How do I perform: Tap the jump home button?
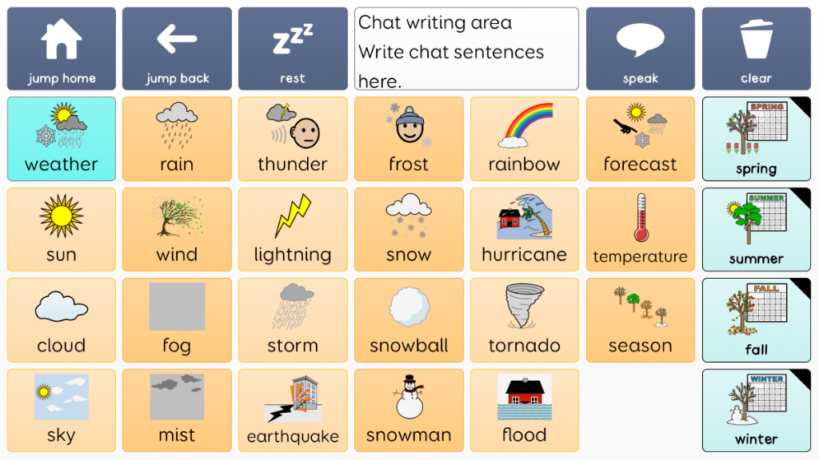pyautogui.click(x=62, y=49)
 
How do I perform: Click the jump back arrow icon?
pyautogui.click(x=177, y=38)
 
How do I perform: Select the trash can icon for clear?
pyautogui.click(x=757, y=38)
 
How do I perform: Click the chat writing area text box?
pyautogui.click(x=466, y=49)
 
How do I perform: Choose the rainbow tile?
pyautogui.click(x=525, y=139)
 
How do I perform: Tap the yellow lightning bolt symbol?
pyautogui.click(x=293, y=216)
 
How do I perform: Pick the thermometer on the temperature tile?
pyautogui.click(x=641, y=217)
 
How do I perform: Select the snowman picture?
pyautogui.click(x=409, y=397)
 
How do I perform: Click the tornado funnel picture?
pyautogui.click(x=524, y=306)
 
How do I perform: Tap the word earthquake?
pyautogui.click(x=293, y=436)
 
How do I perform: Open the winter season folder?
pyautogui.click(x=757, y=410)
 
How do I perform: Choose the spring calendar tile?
pyautogui.click(x=757, y=139)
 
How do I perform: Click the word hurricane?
pyautogui.click(x=525, y=255)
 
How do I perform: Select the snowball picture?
pyautogui.click(x=409, y=307)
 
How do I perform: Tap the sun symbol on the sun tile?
pyautogui.click(x=62, y=216)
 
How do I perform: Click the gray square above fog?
pyautogui.click(x=177, y=307)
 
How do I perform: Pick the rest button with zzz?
pyautogui.click(x=293, y=49)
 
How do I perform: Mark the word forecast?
pyautogui.click(x=641, y=165)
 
